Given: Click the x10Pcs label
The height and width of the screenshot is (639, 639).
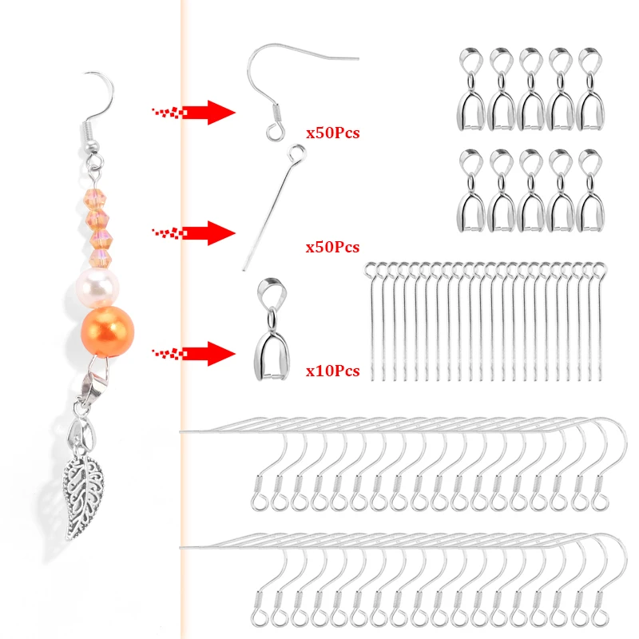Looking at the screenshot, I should (332, 371).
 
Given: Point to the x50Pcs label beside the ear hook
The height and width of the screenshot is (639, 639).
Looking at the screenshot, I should (332, 133).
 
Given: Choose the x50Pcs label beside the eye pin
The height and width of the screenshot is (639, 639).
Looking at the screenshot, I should (332, 248).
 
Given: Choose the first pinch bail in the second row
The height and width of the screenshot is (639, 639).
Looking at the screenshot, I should (471, 192).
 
